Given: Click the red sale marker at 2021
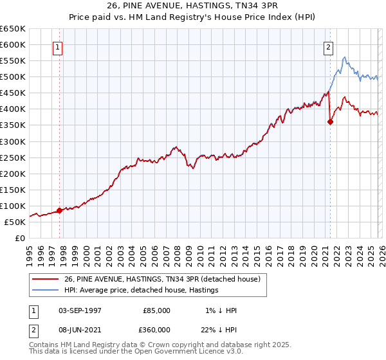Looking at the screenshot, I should [330, 122].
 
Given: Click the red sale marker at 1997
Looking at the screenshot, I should [60, 210].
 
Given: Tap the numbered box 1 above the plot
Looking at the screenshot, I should [59, 46].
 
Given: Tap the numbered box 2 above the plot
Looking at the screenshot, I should [328, 46].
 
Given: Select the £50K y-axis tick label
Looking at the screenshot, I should [15, 222].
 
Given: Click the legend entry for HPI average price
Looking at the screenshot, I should [141, 290].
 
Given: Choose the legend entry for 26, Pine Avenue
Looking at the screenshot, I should [161, 279].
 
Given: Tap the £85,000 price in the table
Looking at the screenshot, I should [156, 310].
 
